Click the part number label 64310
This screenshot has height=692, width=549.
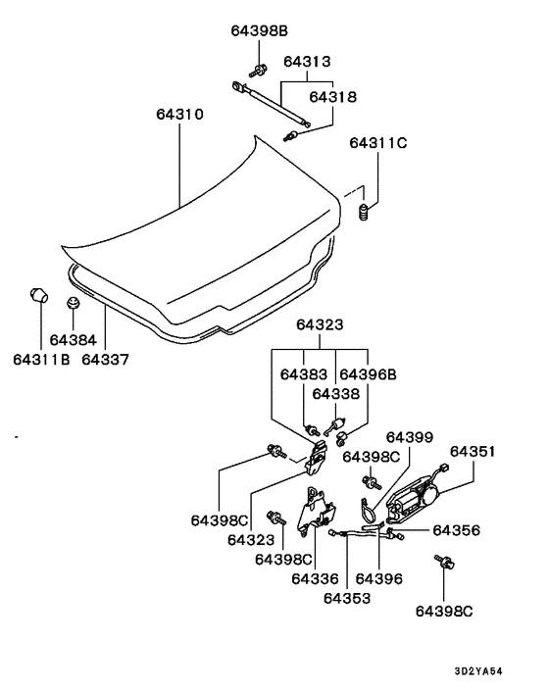click(179, 115)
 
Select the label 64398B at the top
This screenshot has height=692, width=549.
click(259, 31)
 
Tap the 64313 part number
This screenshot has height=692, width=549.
click(307, 61)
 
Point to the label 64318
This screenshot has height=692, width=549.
click(333, 97)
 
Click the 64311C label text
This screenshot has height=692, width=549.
click(377, 143)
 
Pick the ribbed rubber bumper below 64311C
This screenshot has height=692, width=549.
click(365, 213)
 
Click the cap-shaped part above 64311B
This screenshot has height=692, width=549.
click(40, 295)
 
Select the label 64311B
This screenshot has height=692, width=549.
click(40, 360)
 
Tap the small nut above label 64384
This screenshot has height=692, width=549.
click(74, 304)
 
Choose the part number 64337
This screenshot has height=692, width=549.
click(105, 360)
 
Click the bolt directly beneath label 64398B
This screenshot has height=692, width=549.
click(261, 70)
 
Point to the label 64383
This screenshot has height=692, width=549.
click(304, 374)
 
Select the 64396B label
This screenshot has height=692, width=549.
click(368, 374)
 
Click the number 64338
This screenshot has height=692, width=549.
click(336, 393)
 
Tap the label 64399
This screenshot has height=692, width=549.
click(408, 437)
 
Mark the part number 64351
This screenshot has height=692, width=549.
click(473, 452)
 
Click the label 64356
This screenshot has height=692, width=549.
click(456, 529)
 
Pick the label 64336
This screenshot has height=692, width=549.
click(315, 579)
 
